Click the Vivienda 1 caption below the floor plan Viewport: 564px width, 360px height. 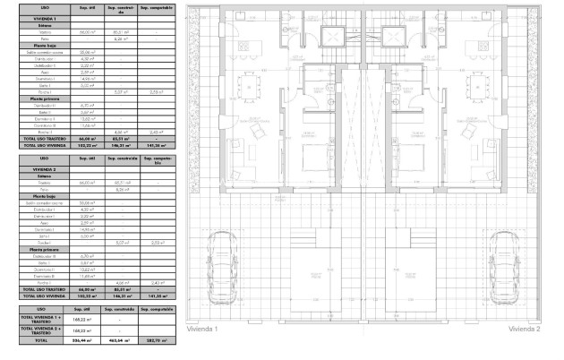pos(202,329)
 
